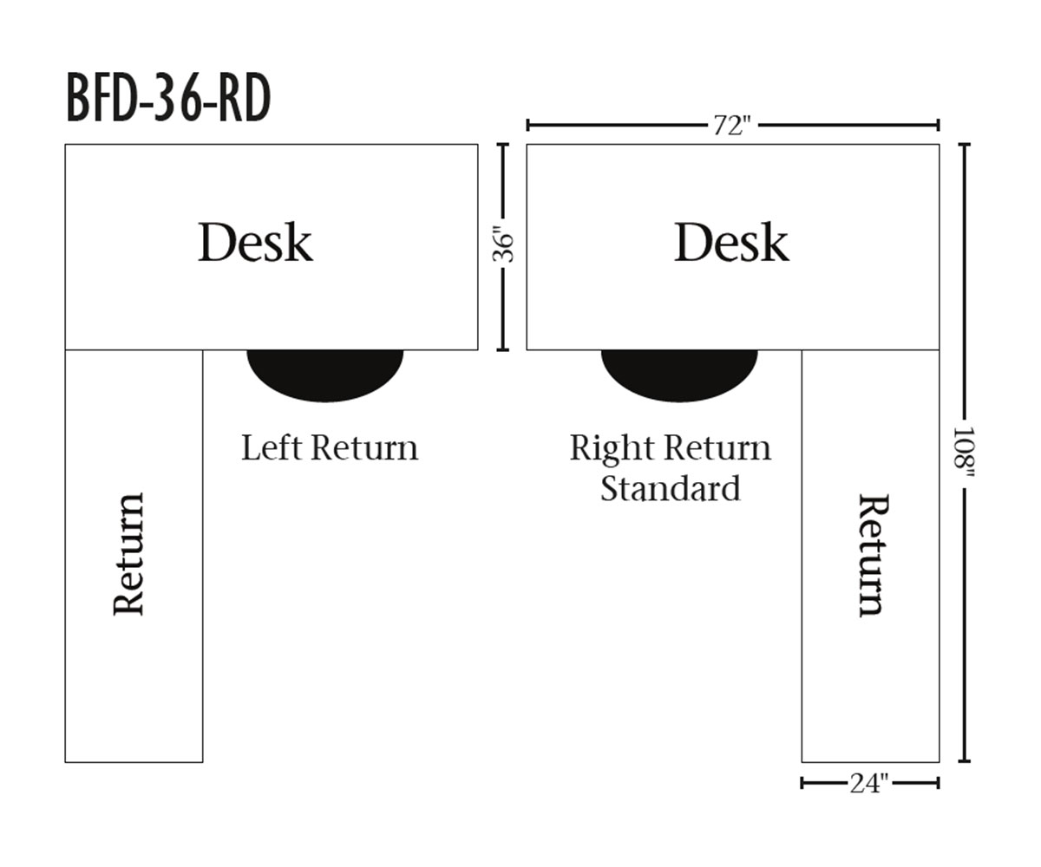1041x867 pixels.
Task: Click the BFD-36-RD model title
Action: (168, 99)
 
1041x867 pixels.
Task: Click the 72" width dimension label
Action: (730, 126)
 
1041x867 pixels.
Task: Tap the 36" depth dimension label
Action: (503, 244)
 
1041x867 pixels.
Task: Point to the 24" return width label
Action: (869, 784)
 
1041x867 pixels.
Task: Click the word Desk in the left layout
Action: (255, 243)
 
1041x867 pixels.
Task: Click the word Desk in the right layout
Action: (731, 243)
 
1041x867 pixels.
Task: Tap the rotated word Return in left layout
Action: (129, 555)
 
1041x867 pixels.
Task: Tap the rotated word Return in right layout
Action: (871, 555)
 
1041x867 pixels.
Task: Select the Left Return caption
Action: (330, 448)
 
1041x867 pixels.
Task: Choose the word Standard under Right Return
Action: (671, 488)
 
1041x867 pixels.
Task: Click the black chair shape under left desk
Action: (325, 375)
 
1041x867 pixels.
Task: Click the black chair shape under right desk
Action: (679, 375)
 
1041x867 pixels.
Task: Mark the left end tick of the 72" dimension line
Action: (528, 126)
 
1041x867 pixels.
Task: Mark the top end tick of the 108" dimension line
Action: (964, 145)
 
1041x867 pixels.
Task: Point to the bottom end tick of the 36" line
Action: (502, 349)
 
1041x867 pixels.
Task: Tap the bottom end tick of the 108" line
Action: (964, 761)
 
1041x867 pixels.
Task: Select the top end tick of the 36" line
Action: (502, 145)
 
